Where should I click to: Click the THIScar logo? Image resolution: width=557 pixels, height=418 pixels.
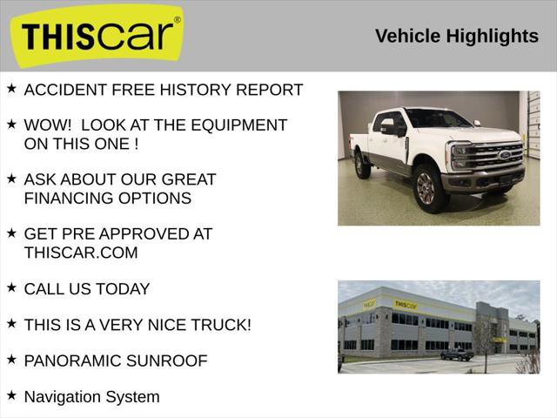point(96,36)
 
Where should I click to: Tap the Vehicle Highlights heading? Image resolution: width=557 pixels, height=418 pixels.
point(457,36)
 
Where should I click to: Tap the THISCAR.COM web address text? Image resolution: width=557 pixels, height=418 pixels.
point(81,253)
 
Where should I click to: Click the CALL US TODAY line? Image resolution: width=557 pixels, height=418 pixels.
point(87,289)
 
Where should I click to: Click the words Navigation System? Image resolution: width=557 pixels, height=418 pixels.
point(91,397)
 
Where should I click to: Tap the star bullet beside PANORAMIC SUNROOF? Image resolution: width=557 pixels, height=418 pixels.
point(11,359)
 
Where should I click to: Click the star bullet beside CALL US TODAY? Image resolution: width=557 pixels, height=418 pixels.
point(11,287)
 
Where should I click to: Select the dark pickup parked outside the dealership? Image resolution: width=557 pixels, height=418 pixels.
point(456,354)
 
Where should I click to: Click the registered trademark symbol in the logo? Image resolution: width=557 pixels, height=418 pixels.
point(178,19)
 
